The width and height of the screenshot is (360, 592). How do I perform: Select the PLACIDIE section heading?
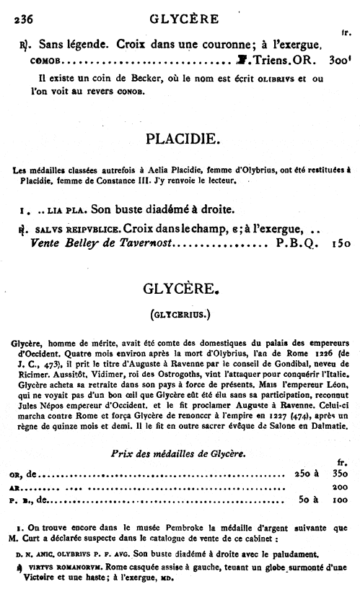tap(180, 137)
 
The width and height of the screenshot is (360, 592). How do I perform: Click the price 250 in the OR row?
tap(298, 474)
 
